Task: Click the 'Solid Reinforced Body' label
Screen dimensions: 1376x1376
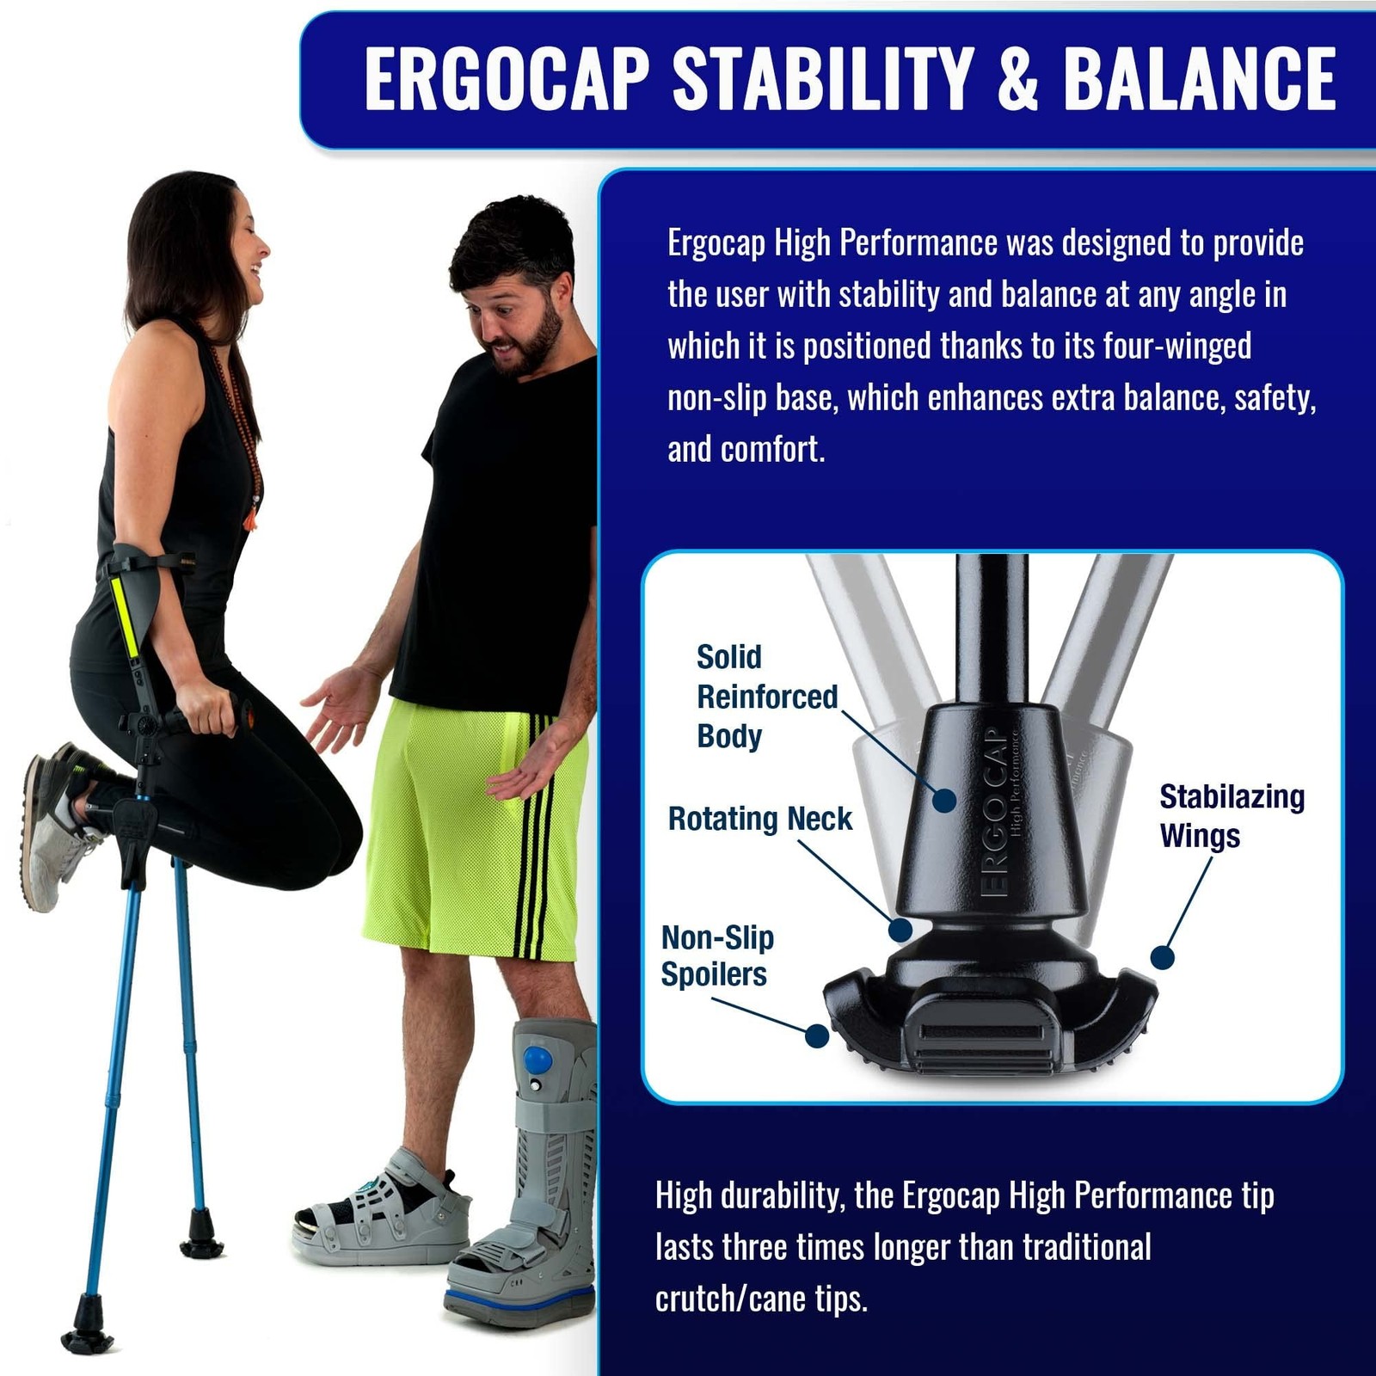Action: (766, 697)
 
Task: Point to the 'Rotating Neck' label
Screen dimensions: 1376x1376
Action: (759, 819)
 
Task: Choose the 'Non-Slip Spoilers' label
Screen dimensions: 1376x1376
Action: (716, 955)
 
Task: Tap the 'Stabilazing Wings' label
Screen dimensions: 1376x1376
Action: (1231, 815)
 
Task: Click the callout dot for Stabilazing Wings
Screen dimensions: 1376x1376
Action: (1163, 957)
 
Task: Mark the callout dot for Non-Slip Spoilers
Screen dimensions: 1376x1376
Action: (816, 1035)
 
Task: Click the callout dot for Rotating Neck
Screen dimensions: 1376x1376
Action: (900, 929)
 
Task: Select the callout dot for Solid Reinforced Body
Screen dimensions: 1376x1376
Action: (944, 800)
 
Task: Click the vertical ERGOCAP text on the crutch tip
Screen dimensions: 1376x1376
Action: (993, 813)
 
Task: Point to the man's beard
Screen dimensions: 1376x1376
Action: (532, 344)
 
